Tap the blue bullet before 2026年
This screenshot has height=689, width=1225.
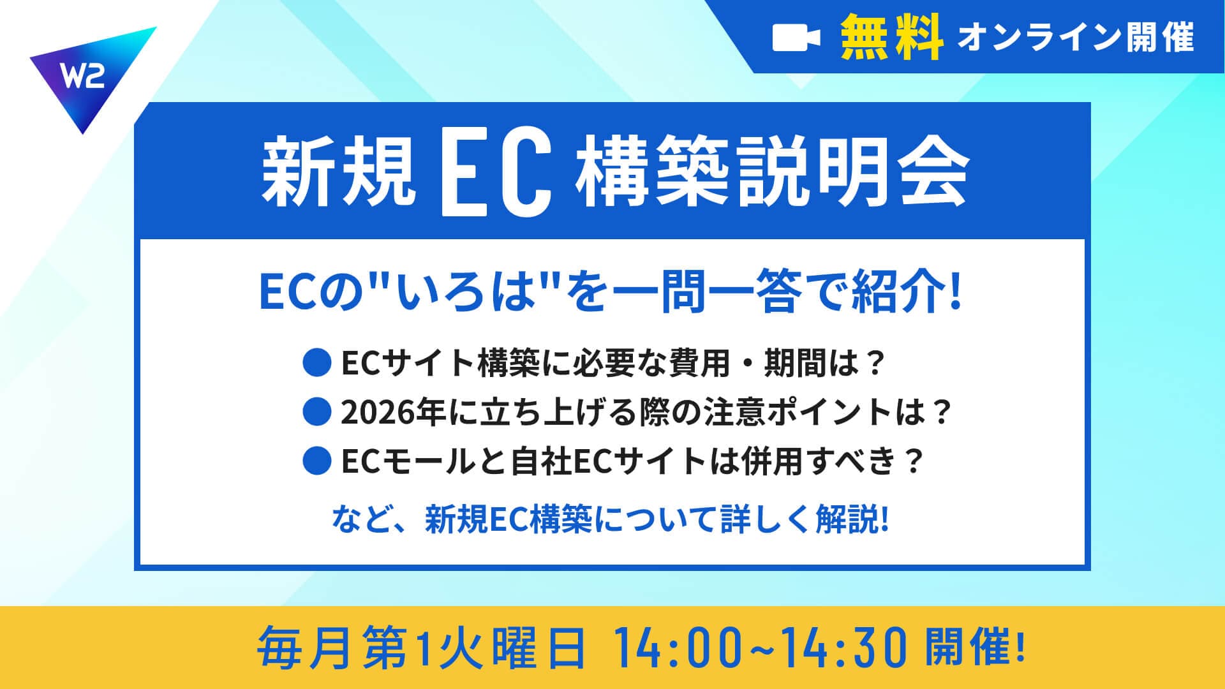317,411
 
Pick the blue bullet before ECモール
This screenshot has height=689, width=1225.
317,461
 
